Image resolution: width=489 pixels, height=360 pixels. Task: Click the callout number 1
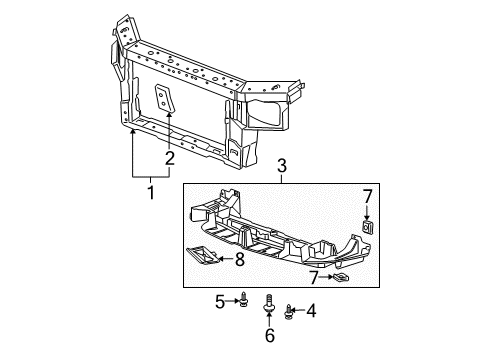[x=152, y=191]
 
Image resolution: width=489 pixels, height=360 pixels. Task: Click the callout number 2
[x=170, y=156]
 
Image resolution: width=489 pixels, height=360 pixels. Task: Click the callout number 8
[x=239, y=260]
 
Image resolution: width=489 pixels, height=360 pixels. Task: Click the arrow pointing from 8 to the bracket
[x=227, y=260]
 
